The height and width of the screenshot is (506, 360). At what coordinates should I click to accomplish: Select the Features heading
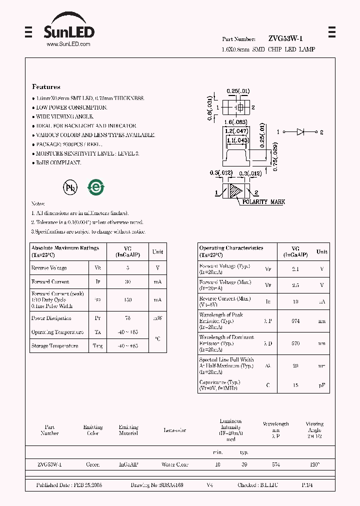[46, 86]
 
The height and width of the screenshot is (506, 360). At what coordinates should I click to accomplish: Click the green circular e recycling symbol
[96, 187]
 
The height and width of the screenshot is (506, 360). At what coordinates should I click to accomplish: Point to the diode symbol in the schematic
[300, 132]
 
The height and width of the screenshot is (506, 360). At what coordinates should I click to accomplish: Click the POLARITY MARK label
[263, 202]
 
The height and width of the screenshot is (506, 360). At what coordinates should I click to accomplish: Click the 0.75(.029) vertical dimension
[275, 156]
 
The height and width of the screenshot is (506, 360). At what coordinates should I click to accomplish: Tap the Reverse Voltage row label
[49, 268]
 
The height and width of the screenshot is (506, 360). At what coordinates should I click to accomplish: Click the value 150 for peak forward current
[127, 300]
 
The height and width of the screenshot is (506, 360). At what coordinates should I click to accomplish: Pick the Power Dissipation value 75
[127, 318]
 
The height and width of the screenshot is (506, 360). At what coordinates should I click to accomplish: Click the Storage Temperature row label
[54, 346]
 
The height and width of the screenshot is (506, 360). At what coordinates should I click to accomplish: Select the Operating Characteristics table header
[231, 248]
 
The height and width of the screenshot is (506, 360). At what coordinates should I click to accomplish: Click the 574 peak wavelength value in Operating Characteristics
[295, 321]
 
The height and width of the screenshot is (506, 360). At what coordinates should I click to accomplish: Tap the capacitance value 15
[295, 385]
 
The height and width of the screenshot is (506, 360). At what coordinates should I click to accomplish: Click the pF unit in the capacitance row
[322, 385]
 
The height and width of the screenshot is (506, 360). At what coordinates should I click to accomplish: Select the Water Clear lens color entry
[174, 464]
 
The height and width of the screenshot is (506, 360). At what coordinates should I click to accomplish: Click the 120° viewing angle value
[314, 464]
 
